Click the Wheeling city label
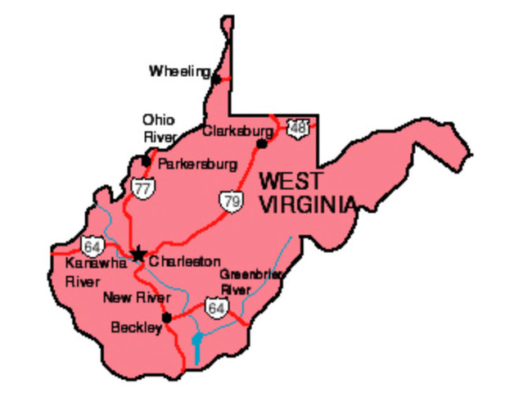tap(179, 72)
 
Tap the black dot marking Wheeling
tap(216, 79)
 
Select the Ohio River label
tap(159, 127)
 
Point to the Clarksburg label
tap(237, 130)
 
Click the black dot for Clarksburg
tap(262, 143)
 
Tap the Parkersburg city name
tap(197, 164)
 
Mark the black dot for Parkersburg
tap(147, 160)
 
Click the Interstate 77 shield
tap(142, 189)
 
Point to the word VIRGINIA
tap(308, 205)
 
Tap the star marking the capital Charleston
tap(138, 254)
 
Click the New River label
tap(136, 297)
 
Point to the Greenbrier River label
tap(250, 281)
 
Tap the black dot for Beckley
tap(167, 318)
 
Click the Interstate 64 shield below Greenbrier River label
tap(216, 309)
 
